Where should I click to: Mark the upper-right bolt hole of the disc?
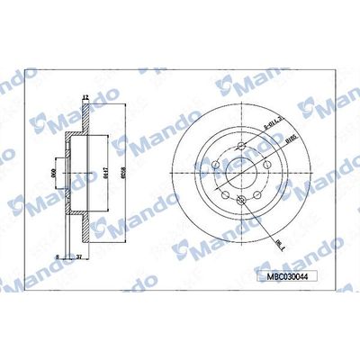pyautogui.click(x=266, y=153)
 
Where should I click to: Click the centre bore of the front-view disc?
pyautogui.click(x=240, y=170)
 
